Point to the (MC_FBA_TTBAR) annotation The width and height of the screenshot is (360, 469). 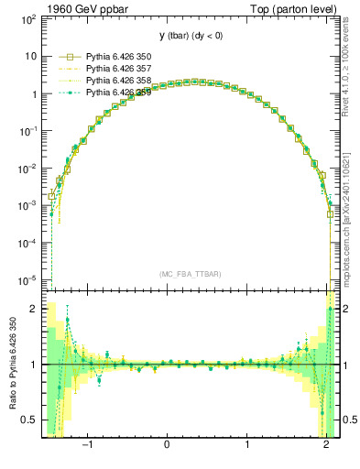[x=190, y=274]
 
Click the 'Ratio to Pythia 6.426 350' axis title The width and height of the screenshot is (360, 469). [x=11, y=365]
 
